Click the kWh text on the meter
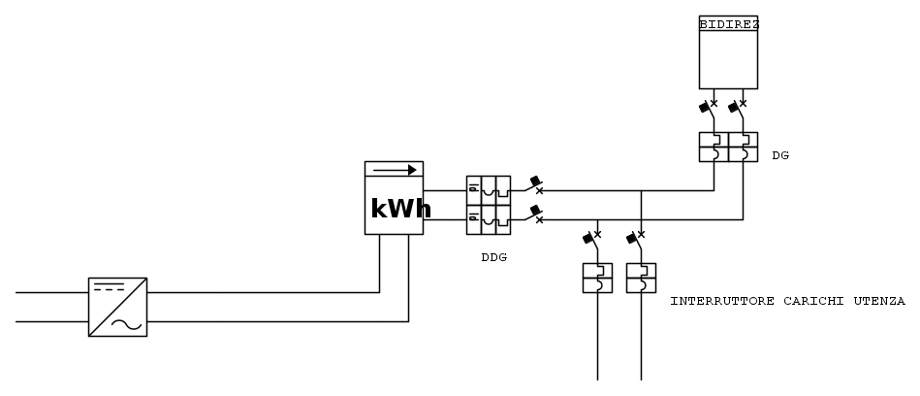click(394, 209)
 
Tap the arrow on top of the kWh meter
click(394, 170)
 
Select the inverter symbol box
click(117, 307)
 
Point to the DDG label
click(493, 258)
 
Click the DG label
click(780, 155)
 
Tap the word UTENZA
click(877, 302)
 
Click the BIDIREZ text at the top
click(728, 22)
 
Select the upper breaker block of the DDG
click(489, 189)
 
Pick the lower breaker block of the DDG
click(489, 219)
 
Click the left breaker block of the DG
click(714, 147)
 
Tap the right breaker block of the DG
click(743, 147)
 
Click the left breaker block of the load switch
click(596, 278)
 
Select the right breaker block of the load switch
click(641, 278)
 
